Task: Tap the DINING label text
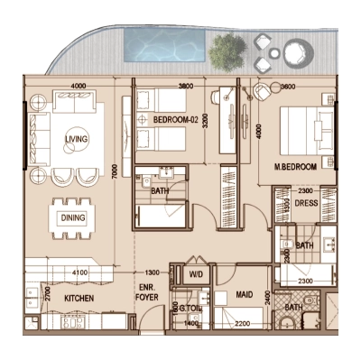point(72,217)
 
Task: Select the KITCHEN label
point(79,296)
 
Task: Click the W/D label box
point(196,274)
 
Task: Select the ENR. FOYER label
point(148,291)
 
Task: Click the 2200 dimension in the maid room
point(242,322)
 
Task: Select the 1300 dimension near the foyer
point(152,272)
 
